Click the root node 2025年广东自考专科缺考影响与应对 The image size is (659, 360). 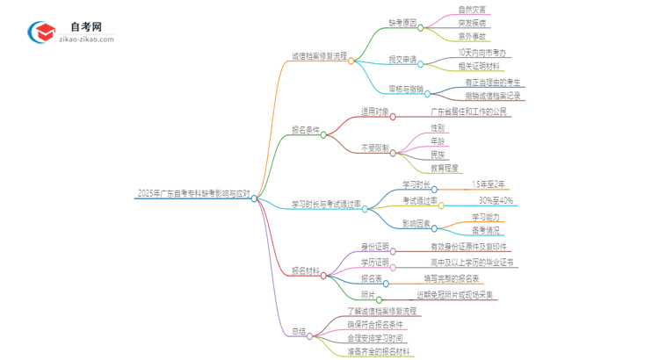point(193,193)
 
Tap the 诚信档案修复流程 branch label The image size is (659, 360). point(321,55)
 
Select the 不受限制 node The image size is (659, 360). point(375,148)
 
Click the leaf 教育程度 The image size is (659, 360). point(445,168)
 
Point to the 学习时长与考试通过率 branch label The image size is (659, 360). point(326,204)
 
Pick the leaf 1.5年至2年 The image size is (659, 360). point(489,184)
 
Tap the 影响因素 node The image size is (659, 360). point(416,223)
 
